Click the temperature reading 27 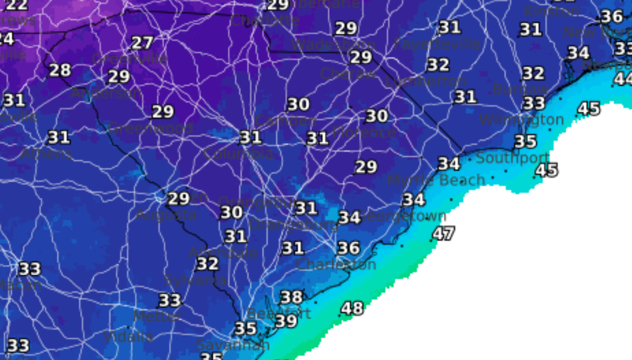142,43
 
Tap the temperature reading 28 60,70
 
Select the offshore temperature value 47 443,233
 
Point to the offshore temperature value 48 352,308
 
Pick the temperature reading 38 291,297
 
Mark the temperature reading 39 286,321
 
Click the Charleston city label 336,264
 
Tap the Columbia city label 238,153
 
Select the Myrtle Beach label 436,180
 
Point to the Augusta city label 166,215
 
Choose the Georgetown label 402,216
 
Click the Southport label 512,158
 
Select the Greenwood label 150,128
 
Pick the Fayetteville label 437,43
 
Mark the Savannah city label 233,345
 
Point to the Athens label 46,154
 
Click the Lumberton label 425,81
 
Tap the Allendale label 223,253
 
